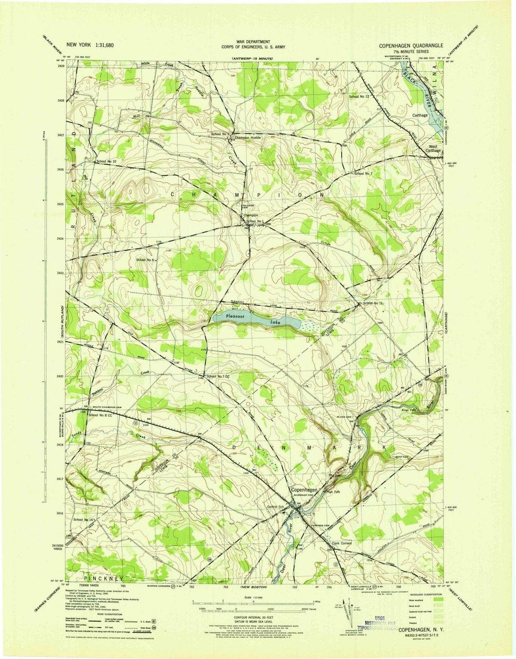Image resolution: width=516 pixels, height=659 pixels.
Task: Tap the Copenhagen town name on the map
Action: pyautogui.click(x=304, y=490)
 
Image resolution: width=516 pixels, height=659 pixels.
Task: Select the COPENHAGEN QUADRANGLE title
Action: pyautogui.click(x=411, y=45)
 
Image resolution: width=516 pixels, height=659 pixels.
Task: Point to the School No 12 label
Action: pyautogui.click(x=359, y=97)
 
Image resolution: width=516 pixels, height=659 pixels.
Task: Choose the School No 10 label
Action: pyautogui.click(x=106, y=162)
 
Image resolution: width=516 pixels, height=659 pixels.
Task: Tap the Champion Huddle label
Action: pyautogui.click(x=247, y=138)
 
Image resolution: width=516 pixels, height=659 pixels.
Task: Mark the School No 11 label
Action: pyautogui.click(x=373, y=303)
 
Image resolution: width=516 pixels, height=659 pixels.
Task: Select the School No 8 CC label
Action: pyautogui.click(x=100, y=415)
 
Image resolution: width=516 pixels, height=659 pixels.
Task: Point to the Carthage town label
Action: pyautogui.click(x=420, y=115)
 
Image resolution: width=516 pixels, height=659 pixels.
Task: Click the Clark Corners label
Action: pyautogui.click(x=341, y=543)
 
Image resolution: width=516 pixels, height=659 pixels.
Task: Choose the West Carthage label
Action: pyautogui.click(x=433, y=148)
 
